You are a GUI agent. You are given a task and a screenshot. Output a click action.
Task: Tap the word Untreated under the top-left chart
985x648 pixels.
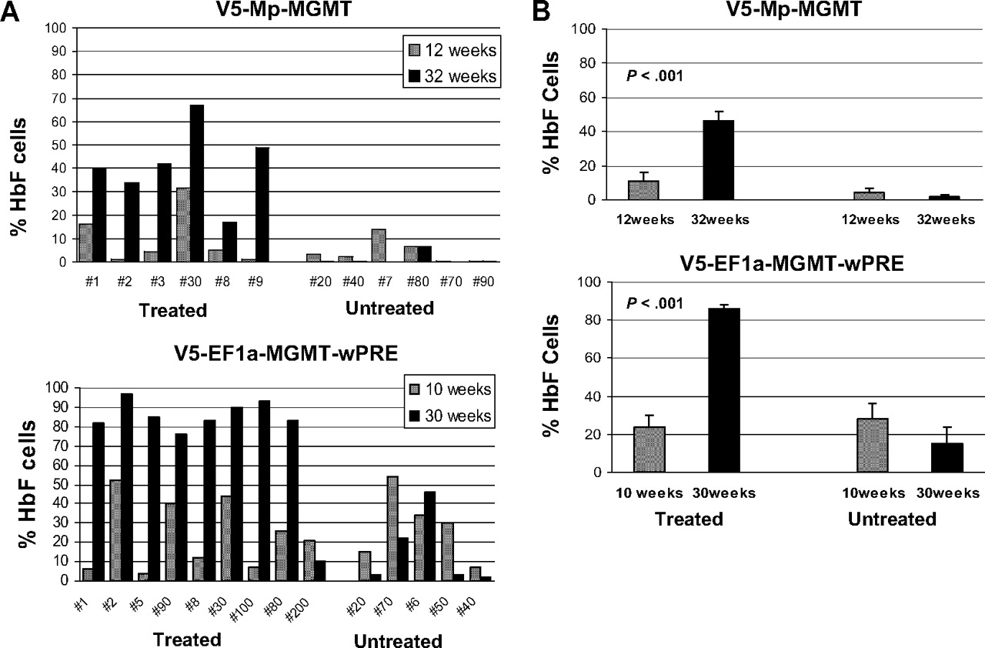click(389, 309)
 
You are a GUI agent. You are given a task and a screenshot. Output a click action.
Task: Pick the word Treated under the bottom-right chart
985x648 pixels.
click(689, 519)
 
